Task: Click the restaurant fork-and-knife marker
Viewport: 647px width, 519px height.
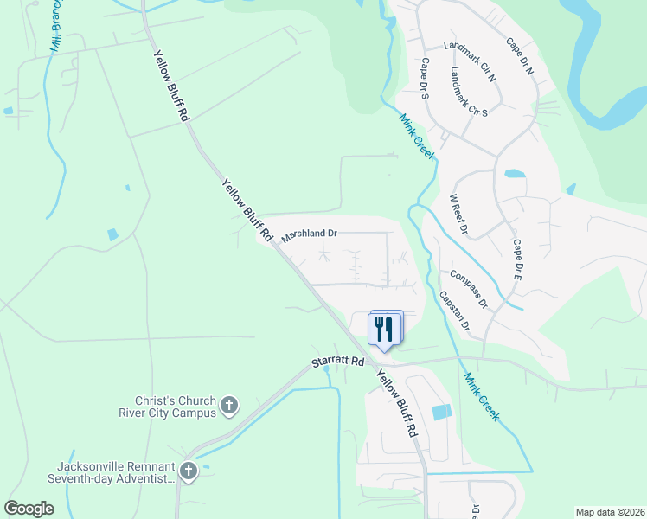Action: [x=386, y=329]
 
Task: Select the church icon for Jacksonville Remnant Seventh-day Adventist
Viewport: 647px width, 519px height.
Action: [x=189, y=471]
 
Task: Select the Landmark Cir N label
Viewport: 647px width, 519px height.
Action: [x=469, y=62]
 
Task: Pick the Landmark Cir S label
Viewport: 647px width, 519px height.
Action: [x=470, y=94]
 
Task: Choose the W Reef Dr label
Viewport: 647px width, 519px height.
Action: [x=458, y=215]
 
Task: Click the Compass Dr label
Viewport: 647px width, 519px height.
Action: [x=469, y=290]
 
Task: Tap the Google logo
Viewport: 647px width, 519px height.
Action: [x=29, y=509]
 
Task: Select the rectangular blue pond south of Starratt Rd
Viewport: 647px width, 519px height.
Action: [x=441, y=413]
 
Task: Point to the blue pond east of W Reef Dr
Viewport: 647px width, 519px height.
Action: [x=515, y=173]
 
